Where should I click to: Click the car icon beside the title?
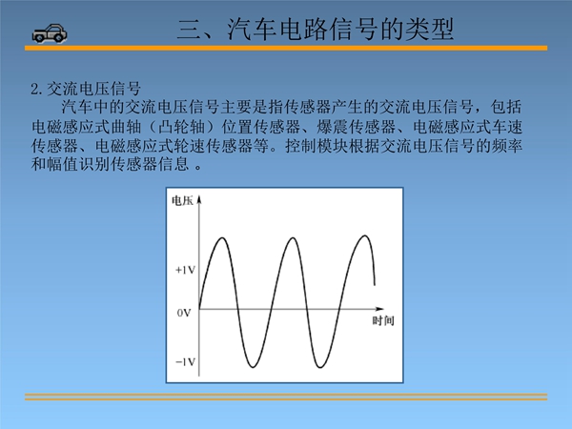(50, 33)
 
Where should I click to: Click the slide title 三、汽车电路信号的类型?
(316, 29)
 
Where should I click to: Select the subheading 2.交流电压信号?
(86, 89)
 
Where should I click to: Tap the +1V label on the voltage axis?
(185, 270)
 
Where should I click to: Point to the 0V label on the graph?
(184, 313)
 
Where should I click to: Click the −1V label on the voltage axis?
(185, 362)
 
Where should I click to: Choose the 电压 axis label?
(182, 200)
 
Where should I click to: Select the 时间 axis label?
(383, 320)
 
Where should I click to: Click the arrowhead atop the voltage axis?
(199, 199)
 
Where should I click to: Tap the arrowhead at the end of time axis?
(379, 309)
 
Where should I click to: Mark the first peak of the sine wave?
(222, 238)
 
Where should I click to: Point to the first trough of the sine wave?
(253, 367)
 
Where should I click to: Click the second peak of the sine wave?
(293, 238)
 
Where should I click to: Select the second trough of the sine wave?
(320, 367)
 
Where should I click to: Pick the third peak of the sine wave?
(364, 236)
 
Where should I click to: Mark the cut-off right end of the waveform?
(375, 284)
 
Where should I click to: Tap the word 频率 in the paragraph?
(506, 146)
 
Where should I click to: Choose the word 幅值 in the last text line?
(63, 164)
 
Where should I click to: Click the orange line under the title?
(286, 49)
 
